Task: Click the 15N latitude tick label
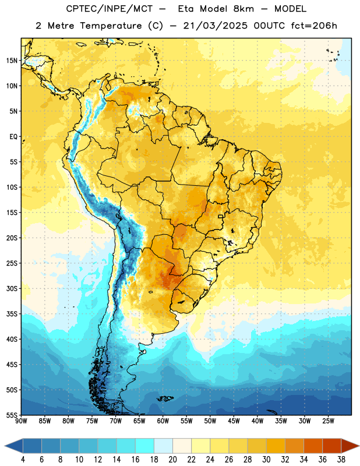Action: (x=12, y=61)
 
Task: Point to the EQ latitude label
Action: (x=13, y=137)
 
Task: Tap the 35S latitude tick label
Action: (x=12, y=314)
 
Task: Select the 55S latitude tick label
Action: (x=12, y=415)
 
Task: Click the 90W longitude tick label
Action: (x=21, y=421)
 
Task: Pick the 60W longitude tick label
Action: (x=163, y=421)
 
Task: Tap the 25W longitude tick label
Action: (x=328, y=421)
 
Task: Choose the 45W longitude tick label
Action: (x=234, y=421)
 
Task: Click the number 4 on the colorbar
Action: (x=23, y=460)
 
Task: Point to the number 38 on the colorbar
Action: (x=341, y=460)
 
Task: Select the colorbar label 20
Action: (x=172, y=460)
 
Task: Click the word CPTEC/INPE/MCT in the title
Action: (x=110, y=9)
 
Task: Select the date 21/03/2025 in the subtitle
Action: (x=215, y=26)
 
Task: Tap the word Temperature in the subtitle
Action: (x=111, y=26)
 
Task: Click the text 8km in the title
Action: (x=243, y=9)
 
